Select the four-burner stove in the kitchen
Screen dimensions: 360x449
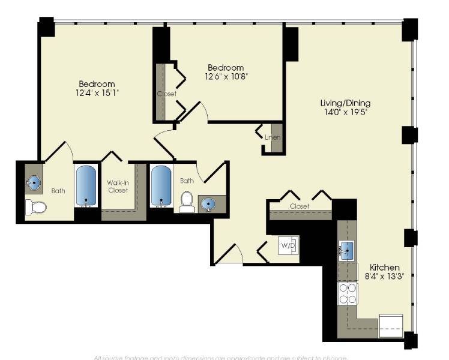pos(348,295)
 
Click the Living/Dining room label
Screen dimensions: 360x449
pos(345,103)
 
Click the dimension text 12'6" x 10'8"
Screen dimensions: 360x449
pos(226,76)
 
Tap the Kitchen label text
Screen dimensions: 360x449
pos(384,267)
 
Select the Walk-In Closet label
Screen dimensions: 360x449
pos(118,186)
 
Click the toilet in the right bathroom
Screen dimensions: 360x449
pos(187,202)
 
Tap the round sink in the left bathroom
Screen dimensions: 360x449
pos(34,184)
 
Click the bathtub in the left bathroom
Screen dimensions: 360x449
pos(87,186)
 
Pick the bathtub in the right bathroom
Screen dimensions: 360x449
pos(161,186)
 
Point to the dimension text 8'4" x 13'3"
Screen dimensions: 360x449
pos(384,277)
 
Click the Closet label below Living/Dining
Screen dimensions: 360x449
pos(300,206)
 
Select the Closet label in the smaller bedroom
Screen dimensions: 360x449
pos(166,94)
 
